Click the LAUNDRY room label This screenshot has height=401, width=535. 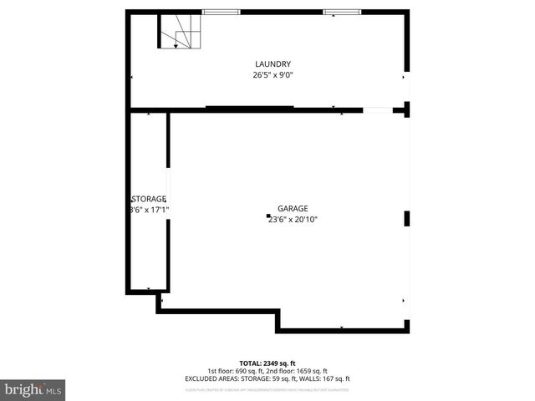(273, 64)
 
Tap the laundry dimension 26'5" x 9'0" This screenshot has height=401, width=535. (273, 74)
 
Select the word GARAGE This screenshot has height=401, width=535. (293, 209)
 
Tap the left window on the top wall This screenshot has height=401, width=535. (221, 13)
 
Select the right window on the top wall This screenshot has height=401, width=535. (342, 13)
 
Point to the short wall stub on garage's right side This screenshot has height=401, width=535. (407, 219)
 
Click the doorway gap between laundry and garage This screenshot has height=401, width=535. (377, 109)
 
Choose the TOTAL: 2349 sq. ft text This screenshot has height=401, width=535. (267, 363)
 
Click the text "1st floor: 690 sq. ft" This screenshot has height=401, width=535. (236, 371)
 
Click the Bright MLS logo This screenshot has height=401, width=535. (33, 388)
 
